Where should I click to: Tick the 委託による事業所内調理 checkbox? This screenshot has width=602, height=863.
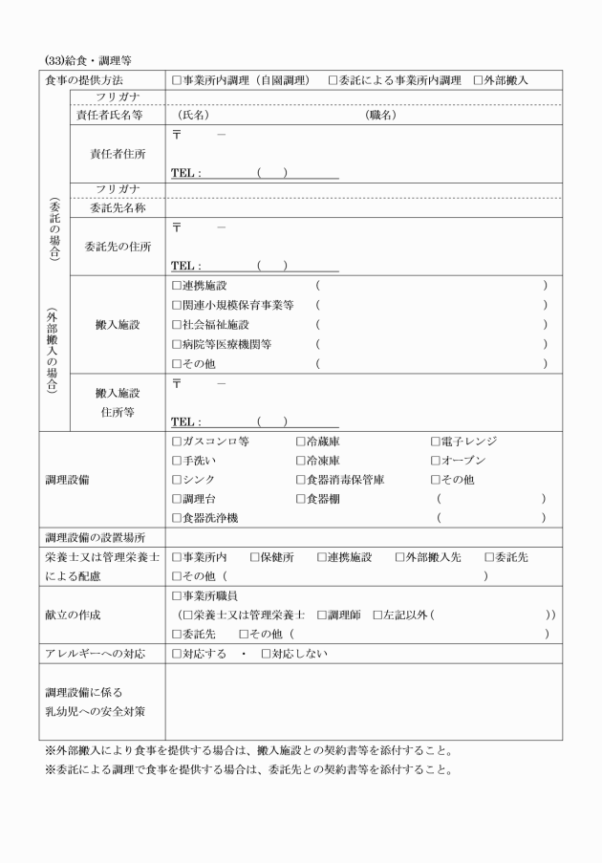tap(333, 80)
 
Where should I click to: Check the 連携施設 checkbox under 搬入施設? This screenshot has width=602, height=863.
tap(177, 286)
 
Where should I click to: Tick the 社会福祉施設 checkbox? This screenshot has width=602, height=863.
tap(177, 325)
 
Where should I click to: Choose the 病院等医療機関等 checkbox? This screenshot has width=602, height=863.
tap(177, 344)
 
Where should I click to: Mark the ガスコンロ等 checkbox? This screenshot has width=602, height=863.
tap(177, 441)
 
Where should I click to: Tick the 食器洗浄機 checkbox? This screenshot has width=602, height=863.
tap(177, 517)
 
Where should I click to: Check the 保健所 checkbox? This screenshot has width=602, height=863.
tap(255, 557)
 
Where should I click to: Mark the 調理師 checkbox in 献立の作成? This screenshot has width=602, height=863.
tap(322, 615)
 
